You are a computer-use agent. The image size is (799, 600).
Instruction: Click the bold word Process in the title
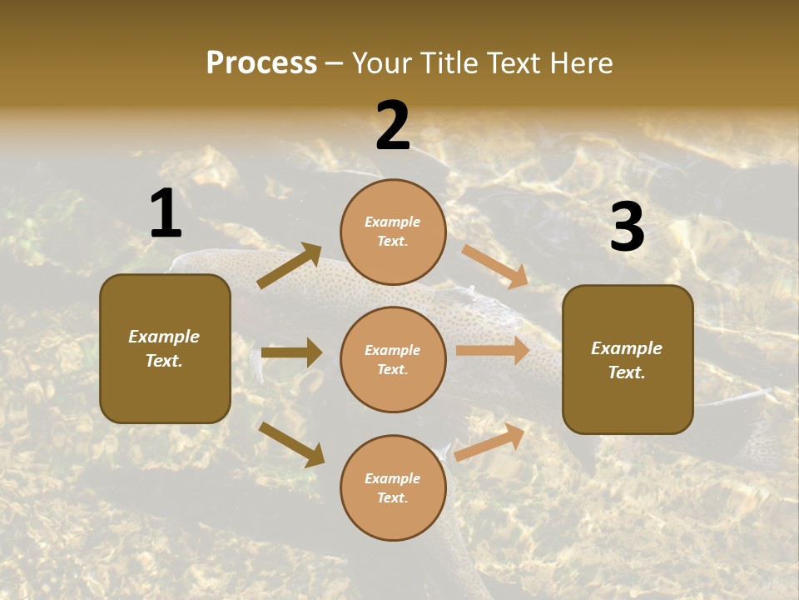click(x=261, y=63)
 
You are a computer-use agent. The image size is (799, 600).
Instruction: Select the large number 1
click(x=166, y=213)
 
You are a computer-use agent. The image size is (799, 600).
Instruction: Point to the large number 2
click(x=393, y=125)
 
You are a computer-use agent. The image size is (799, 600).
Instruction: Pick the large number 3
click(x=627, y=227)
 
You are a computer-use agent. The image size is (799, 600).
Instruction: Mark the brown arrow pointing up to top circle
click(x=290, y=266)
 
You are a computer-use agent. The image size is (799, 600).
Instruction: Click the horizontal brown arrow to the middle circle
click(x=291, y=352)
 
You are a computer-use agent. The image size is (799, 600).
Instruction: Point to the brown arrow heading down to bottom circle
click(x=291, y=443)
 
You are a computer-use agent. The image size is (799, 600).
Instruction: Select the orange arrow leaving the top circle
click(x=495, y=267)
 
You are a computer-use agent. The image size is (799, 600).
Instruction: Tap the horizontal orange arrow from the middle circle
click(x=493, y=350)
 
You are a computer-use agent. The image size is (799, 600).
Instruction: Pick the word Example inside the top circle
click(x=393, y=222)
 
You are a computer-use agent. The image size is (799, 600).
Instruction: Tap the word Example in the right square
click(x=627, y=348)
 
